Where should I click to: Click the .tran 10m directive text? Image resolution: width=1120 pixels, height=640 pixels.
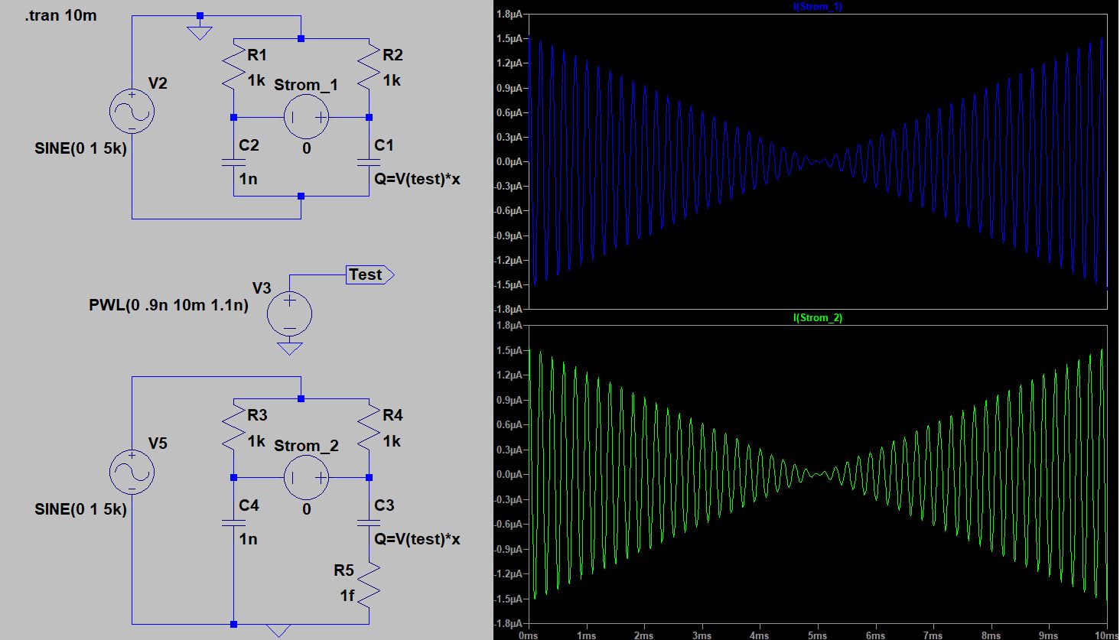point(61,15)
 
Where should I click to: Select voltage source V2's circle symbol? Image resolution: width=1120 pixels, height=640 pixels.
point(132,111)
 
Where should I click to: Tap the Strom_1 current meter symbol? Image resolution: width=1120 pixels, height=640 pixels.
point(306,117)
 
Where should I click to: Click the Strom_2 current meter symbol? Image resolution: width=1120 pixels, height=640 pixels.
point(306,478)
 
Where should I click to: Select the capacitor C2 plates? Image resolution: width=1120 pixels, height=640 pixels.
point(234,162)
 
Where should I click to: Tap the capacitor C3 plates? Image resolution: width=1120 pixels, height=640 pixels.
point(370,523)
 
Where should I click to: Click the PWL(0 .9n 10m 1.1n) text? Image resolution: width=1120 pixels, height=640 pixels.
point(168,306)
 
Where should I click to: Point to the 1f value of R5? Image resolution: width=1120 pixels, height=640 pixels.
point(347,595)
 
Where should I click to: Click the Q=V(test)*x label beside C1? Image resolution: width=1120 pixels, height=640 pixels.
point(417,179)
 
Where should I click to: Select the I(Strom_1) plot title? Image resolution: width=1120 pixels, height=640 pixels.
point(818,6)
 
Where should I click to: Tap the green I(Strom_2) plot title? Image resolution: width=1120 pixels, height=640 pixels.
point(818,317)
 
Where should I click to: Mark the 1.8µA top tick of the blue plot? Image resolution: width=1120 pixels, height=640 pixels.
point(509,15)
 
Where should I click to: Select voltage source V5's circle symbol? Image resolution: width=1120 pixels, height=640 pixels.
point(132,472)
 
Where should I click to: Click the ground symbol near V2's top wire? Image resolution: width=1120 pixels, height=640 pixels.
point(200,33)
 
